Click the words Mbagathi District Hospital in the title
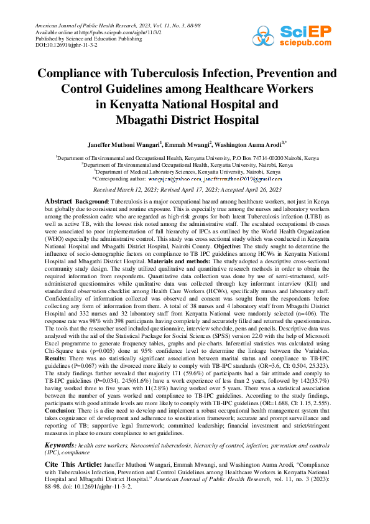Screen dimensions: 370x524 click(x=185, y=118)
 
